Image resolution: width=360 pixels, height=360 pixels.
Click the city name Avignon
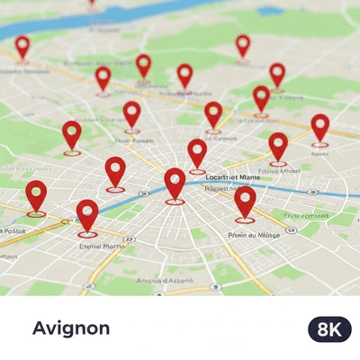(x=71, y=328)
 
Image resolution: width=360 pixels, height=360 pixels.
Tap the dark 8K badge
(x=329, y=329)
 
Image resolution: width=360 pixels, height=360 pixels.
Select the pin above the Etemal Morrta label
(x=87, y=216)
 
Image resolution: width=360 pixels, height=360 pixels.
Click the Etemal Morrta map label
(x=102, y=245)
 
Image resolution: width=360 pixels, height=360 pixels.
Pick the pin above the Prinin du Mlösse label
(x=245, y=202)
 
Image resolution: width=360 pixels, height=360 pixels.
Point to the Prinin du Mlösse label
(x=255, y=235)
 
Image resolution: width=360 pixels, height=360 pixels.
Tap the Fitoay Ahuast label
(x=279, y=170)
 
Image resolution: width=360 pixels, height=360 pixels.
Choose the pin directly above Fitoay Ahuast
(x=278, y=146)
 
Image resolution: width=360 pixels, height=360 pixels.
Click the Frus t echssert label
(x=306, y=216)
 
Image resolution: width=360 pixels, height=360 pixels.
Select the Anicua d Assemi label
(x=165, y=280)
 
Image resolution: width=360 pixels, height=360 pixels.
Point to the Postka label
(x=13, y=231)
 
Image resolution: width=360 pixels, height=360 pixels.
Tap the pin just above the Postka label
(x=36, y=196)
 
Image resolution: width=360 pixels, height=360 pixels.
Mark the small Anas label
(x=319, y=153)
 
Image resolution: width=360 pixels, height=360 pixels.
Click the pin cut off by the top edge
(x=91, y=3)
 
